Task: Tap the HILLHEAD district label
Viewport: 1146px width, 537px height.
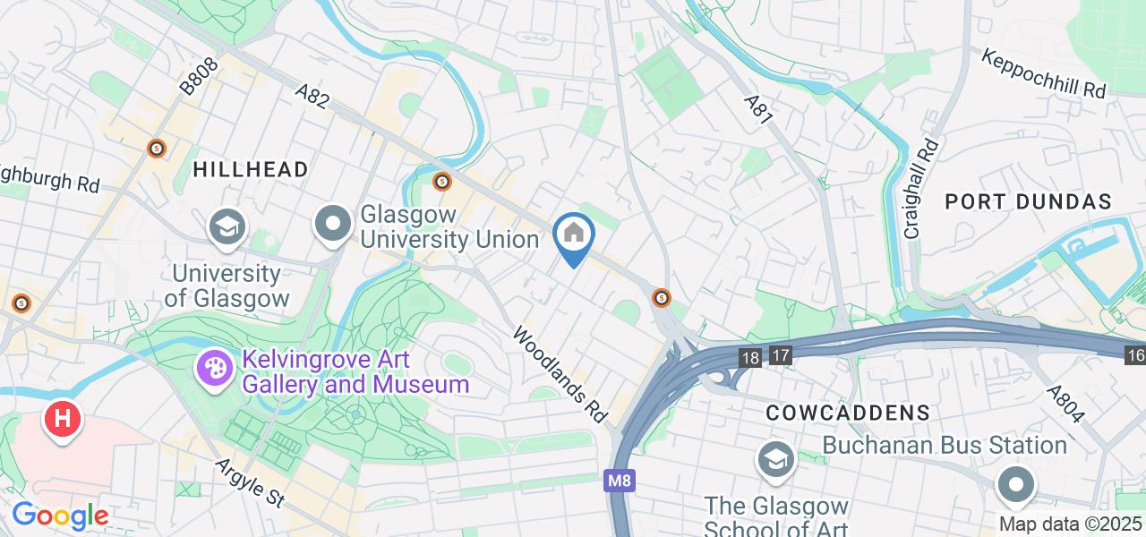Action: (251, 169)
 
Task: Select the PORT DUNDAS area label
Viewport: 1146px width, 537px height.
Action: (1029, 201)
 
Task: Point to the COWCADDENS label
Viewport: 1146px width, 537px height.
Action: (848, 413)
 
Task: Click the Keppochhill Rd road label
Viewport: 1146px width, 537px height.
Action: (1044, 73)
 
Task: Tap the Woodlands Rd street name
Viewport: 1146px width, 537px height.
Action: (560, 374)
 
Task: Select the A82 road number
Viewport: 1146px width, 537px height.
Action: (314, 95)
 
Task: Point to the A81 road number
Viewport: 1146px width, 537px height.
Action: (758, 107)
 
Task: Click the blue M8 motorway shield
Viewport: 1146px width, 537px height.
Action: (620, 481)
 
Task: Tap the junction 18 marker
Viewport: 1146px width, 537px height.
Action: (750, 357)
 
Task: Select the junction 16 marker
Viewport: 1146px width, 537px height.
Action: (1135, 355)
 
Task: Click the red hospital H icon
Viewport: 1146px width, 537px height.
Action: (63, 418)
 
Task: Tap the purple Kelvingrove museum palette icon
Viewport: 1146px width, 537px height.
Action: (214, 368)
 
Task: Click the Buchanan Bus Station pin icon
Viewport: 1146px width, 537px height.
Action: (1015, 485)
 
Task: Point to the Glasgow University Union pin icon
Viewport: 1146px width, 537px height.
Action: (334, 225)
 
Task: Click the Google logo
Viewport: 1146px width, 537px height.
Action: (60, 516)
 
